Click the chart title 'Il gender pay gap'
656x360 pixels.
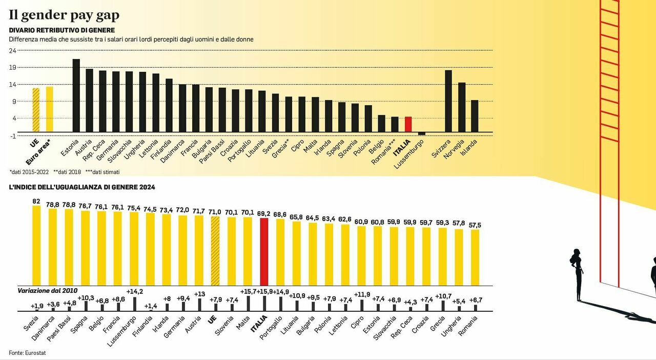click(x=64, y=15)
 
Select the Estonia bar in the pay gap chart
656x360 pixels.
click(x=76, y=95)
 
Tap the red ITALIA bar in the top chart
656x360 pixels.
click(x=408, y=124)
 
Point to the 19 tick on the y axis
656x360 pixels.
click(x=13, y=67)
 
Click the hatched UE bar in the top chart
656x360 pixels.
click(x=36, y=110)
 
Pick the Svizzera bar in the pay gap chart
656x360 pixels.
click(x=448, y=101)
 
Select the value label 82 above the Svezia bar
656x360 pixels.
click(x=36, y=201)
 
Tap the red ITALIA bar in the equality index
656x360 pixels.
click(x=264, y=251)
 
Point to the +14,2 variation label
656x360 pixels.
click(x=135, y=291)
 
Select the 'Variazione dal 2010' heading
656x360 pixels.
click(x=47, y=290)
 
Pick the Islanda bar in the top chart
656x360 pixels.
click(x=475, y=116)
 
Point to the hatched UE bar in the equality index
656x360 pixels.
click(x=215, y=251)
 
